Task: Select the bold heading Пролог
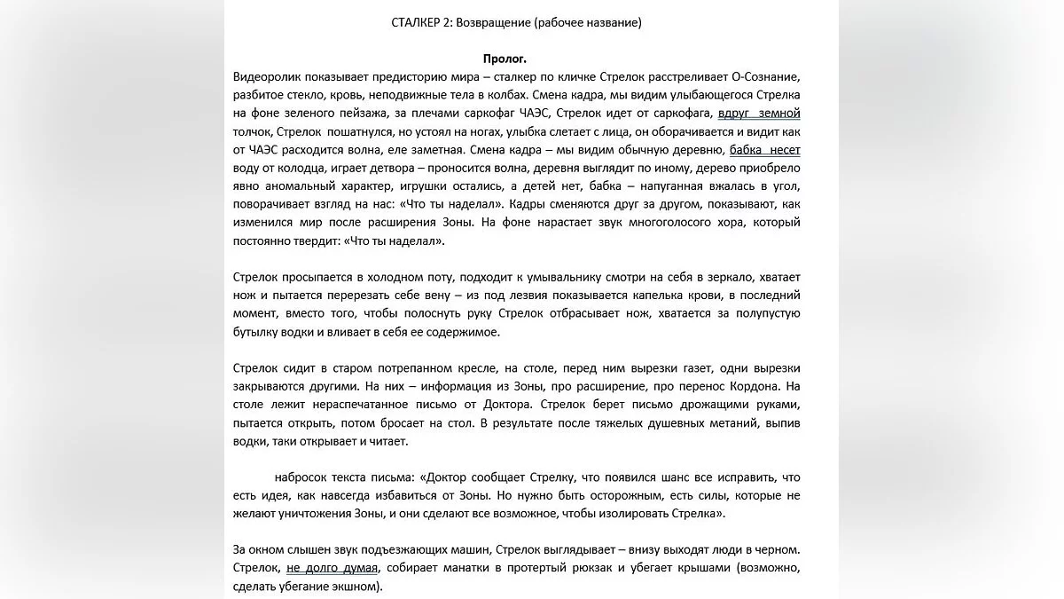[505, 59]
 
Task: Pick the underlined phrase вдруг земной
[759, 114]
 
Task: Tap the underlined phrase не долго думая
[332, 569]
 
